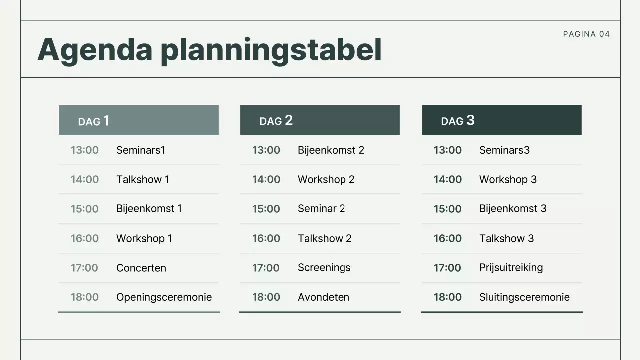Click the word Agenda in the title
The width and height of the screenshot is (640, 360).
point(95,50)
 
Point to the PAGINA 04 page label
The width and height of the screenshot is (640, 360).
point(586,34)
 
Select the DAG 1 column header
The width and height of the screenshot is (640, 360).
point(94,121)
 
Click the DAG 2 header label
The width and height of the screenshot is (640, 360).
point(276,121)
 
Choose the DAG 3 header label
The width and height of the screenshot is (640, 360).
point(457,121)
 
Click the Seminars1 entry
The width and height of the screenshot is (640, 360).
point(140,150)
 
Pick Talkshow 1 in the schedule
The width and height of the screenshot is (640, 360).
point(142,179)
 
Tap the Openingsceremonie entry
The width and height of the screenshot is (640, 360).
point(164,297)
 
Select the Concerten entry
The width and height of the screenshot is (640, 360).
point(141,268)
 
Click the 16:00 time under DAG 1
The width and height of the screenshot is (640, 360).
point(85,238)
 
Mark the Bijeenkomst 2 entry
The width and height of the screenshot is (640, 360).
point(331,150)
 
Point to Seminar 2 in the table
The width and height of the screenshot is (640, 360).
point(321,209)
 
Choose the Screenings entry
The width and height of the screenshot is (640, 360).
point(324,268)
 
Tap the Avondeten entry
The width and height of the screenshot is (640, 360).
point(323,297)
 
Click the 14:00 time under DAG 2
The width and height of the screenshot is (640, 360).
point(266,179)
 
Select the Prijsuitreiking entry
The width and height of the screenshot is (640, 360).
point(511,268)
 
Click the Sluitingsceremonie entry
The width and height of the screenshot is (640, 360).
point(524,297)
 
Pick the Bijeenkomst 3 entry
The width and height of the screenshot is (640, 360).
point(513,209)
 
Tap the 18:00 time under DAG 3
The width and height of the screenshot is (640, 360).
point(448,297)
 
